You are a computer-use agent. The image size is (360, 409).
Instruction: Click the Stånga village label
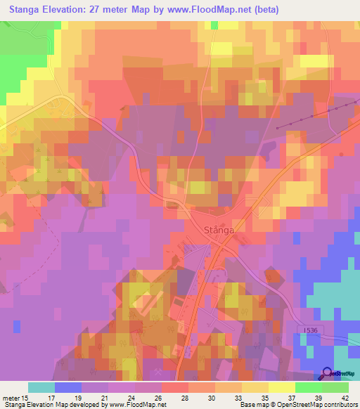pos(217,230)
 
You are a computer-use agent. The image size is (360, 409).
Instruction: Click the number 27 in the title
pos(106,10)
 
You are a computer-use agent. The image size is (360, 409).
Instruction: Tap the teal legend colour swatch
pos(41,387)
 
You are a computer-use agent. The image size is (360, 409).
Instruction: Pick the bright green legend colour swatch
pos(309,387)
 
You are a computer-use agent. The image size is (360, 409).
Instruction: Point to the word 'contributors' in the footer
pos(337,405)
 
